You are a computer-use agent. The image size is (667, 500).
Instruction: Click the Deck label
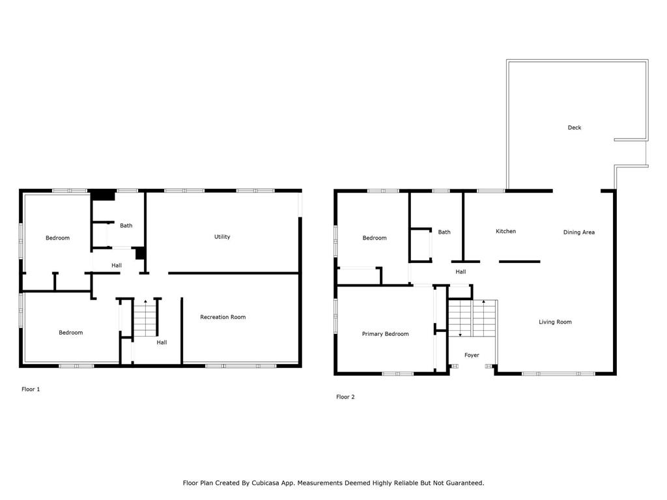point(575,128)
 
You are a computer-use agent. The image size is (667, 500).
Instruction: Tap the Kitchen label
point(505,231)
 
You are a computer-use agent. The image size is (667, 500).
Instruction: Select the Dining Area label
point(579,232)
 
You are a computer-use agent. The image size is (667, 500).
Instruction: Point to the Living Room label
point(555,322)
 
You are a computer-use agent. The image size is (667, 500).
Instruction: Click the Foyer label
point(472,355)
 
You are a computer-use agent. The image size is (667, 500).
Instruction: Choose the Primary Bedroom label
point(386,334)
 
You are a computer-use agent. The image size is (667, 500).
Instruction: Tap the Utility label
point(222,237)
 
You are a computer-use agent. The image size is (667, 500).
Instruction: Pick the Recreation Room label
point(223,317)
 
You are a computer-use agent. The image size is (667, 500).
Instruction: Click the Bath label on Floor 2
point(444,232)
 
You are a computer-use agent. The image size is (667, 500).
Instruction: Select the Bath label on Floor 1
point(126,226)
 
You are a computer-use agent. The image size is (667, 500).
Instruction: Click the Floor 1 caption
point(31,389)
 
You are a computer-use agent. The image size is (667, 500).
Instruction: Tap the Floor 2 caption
point(345,396)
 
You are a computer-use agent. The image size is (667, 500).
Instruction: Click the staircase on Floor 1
point(145,318)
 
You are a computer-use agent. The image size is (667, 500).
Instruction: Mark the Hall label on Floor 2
point(461,271)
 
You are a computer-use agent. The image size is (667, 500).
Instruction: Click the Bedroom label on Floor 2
point(375,238)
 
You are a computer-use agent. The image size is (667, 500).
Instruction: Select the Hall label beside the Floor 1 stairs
point(162,342)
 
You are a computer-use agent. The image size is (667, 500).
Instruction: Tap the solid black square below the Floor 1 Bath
point(141,253)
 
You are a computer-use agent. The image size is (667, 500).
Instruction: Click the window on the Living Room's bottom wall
point(558,374)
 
